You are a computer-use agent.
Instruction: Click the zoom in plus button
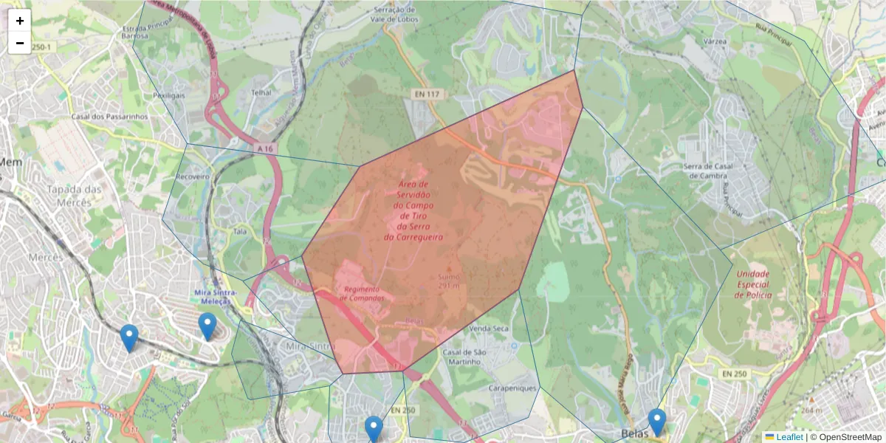[x=20, y=21]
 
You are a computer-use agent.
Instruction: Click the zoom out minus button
[x=20, y=42]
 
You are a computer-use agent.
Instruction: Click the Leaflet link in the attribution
[x=789, y=437]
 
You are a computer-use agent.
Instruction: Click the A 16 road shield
[x=266, y=148]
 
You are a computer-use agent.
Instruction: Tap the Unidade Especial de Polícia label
[x=752, y=284]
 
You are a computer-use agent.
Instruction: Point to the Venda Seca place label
[x=489, y=328]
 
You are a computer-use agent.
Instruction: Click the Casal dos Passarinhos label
[x=109, y=117]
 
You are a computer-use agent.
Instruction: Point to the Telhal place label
[x=261, y=93]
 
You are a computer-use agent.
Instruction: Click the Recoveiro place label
[x=193, y=177]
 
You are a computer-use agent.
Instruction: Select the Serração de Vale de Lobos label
[x=396, y=13]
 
